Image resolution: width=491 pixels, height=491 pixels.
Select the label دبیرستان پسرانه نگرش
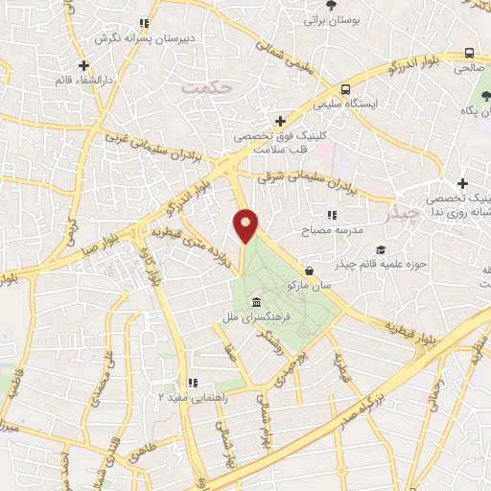point(145,37)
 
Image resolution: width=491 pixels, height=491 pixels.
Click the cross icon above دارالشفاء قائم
point(84,66)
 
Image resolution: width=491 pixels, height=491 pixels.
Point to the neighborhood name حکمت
point(207,87)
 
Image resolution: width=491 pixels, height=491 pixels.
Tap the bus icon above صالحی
point(469,54)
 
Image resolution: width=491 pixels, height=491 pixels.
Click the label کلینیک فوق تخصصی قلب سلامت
point(279,142)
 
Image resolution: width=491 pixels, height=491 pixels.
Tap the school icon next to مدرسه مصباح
point(333,216)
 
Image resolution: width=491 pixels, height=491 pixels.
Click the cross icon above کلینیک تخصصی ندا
point(462,183)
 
